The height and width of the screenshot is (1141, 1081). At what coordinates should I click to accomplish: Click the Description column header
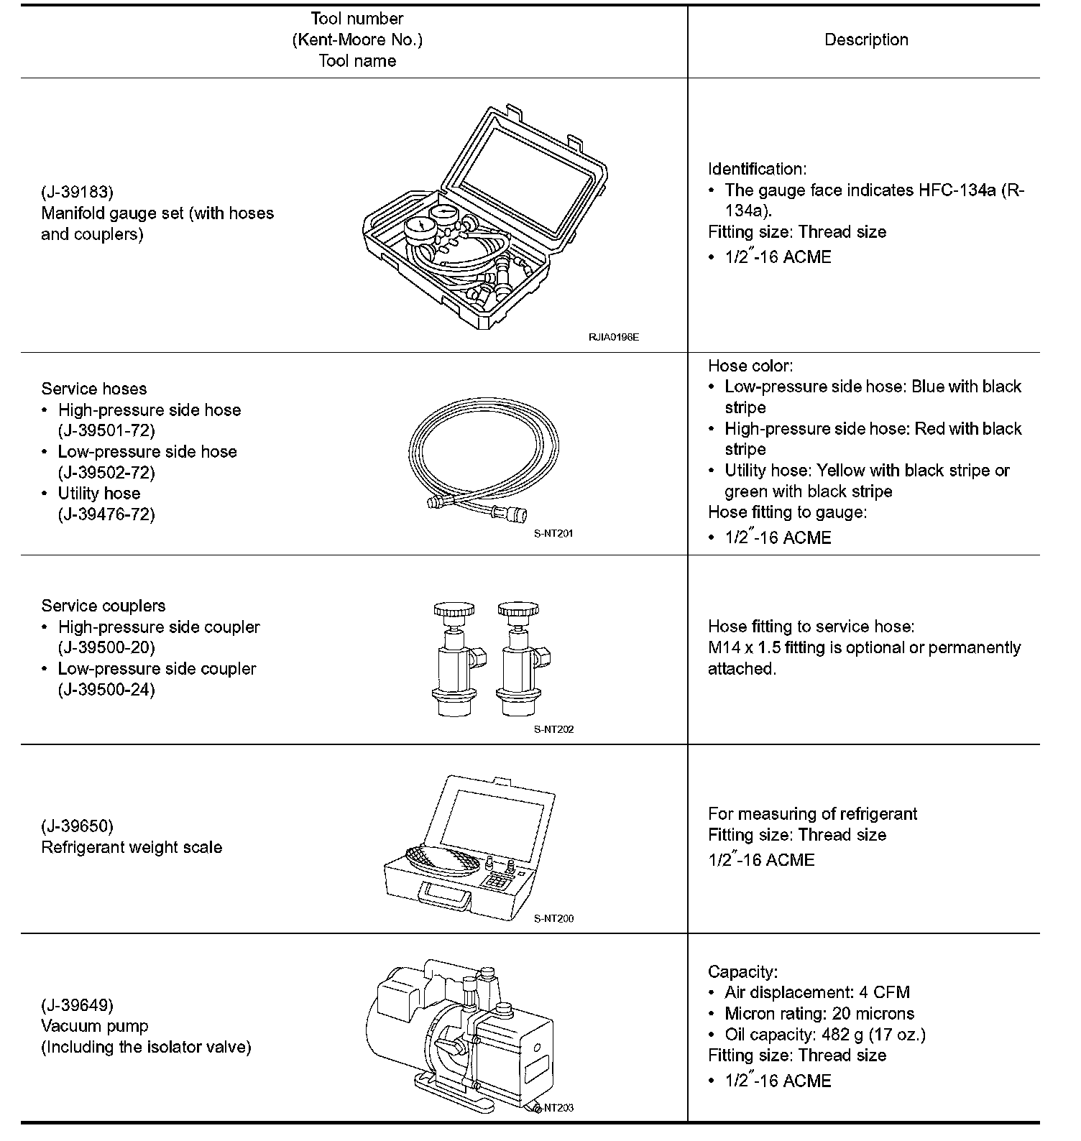tap(865, 40)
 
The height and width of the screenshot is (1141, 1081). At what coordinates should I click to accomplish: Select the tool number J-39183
tap(77, 193)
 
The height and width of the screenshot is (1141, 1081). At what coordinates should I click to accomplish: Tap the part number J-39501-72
tap(106, 431)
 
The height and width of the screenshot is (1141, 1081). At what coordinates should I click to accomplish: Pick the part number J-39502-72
tap(106, 473)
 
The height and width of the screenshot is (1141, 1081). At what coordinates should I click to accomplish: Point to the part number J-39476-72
tap(106, 514)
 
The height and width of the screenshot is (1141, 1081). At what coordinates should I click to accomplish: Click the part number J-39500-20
tap(106, 648)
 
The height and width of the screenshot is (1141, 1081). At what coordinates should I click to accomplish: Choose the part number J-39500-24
tap(106, 690)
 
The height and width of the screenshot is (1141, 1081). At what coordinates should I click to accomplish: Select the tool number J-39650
tap(77, 826)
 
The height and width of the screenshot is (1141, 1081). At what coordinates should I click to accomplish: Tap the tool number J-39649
tap(77, 1005)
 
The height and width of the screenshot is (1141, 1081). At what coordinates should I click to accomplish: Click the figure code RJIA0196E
tap(613, 336)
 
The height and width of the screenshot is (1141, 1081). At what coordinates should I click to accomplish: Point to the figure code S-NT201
tap(553, 534)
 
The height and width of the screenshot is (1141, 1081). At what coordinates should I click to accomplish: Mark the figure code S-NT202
tap(553, 729)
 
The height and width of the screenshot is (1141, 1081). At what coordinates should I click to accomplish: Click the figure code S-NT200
tap(553, 918)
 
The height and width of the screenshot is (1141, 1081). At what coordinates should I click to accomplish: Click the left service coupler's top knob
tap(454, 611)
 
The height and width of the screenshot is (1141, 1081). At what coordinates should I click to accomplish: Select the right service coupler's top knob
tap(517, 611)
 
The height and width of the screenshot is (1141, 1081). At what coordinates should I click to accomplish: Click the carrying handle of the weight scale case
tap(443, 895)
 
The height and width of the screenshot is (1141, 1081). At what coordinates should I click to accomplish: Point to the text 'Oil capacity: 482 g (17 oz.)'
tap(824, 1035)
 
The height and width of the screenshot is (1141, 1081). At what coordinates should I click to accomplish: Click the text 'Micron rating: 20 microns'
tap(819, 1014)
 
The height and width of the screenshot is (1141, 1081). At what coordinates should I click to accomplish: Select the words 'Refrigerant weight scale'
tap(132, 848)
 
